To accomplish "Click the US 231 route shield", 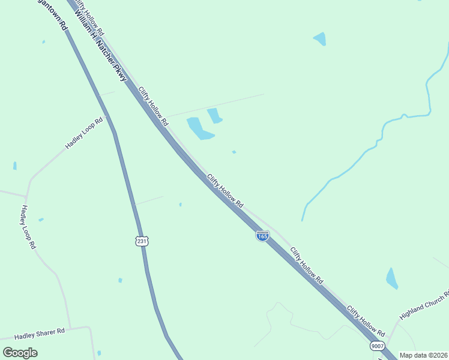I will (141, 241).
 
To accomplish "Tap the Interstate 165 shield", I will (262, 236).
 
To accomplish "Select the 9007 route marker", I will (377, 346).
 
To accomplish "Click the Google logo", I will (20, 353).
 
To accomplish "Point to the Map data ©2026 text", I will (424, 355).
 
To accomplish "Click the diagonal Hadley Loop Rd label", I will (84, 133).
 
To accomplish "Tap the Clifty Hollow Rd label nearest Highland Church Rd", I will (366, 320).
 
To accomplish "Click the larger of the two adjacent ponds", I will (199, 128).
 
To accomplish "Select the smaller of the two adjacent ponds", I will (214, 115).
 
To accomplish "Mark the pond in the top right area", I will (320, 39).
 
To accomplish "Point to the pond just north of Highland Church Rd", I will (392, 278).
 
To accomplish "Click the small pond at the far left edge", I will (15, 166).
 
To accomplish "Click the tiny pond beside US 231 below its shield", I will (120, 280).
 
